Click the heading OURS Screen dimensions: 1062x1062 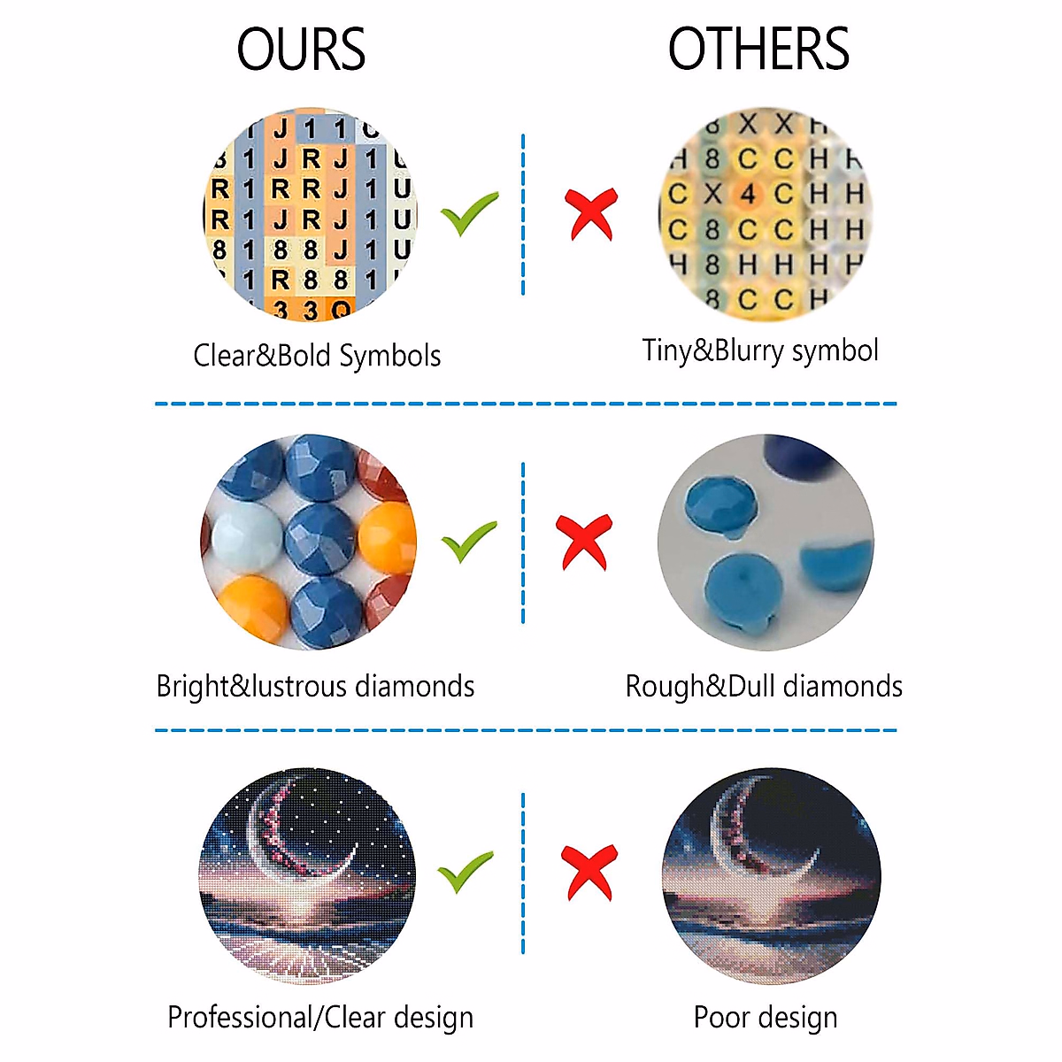pyautogui.click(x=301, y=50)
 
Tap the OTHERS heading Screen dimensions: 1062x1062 pyautogui.click(x=758, y=50)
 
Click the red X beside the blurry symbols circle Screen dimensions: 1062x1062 pyautogui.click(x=591, y=213)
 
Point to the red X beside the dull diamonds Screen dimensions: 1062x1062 pyautogui.click(x=585, y=541)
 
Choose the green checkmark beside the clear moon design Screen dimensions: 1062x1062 pyautogui.click(x=466, y=872)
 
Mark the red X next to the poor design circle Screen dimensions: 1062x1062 pyautogui.click(x=589, y=871)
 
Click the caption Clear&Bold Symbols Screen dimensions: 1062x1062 pyautogui.click(x=317, y=356)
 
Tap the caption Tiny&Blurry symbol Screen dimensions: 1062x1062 pyautogui.click(x=760, y=350)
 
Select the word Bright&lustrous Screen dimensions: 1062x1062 pyautogui.click(x=251, y=687)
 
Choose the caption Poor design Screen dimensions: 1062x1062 pyautogui.click(x=766, y=1018)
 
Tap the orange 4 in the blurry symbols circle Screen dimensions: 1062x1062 pyautogui.click(x=748, y=194)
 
